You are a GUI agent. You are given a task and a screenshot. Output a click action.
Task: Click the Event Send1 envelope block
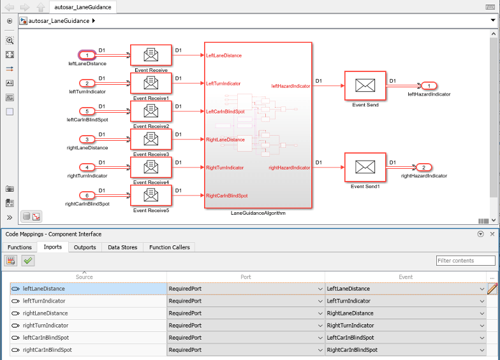[365, 168]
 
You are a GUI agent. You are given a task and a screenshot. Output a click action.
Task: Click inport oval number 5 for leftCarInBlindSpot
[87, 111]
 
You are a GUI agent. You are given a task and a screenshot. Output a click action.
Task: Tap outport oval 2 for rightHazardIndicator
[423, 168]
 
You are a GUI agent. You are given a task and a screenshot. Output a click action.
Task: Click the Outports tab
[85, 247]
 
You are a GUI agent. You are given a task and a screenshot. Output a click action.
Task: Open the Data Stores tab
[122, 247]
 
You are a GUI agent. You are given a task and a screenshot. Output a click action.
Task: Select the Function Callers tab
[169, 247]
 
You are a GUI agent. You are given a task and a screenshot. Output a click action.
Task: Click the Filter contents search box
[466, 261]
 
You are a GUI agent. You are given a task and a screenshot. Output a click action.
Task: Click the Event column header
[406, 277]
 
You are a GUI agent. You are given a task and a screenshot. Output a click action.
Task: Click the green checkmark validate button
[27, 261]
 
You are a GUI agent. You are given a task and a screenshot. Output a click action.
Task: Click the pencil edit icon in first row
[492, 289]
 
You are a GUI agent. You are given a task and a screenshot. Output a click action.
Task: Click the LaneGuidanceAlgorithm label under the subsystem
[258, 213]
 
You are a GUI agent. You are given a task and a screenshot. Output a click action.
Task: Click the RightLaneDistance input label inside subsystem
[225, 140]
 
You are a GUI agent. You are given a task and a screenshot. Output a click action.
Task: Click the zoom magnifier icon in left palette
[10, 40]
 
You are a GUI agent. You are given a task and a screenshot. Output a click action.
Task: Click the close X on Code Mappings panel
[492, 234]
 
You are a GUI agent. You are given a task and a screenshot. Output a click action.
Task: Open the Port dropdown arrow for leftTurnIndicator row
[320, 301]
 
